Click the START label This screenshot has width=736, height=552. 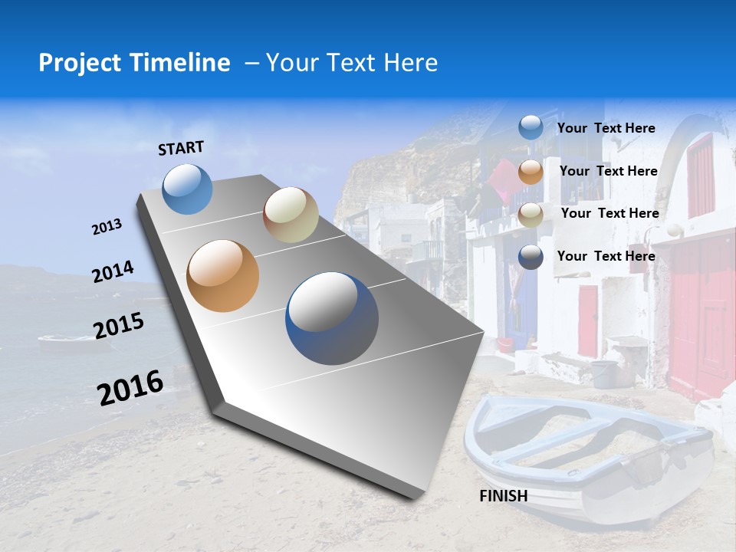point(181,148)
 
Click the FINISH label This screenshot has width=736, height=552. point(504,496)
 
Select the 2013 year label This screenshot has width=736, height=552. point(107,227)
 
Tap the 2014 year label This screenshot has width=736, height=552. point(113,271)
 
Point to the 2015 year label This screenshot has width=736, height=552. point(119,326)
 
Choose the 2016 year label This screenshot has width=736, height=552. point(130,387)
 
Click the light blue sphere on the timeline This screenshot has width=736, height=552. point(188,189)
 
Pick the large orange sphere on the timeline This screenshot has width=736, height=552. point(223,276)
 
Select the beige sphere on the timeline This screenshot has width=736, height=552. point(291,215)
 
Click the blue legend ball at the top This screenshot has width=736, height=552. point(531,128)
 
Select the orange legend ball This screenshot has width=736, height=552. point(531,172)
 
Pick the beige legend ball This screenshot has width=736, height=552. point(531,215)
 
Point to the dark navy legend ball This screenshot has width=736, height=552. point(531,257)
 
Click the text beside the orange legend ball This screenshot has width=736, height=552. point(609,171)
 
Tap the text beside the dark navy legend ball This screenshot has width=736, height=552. point(606,256)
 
